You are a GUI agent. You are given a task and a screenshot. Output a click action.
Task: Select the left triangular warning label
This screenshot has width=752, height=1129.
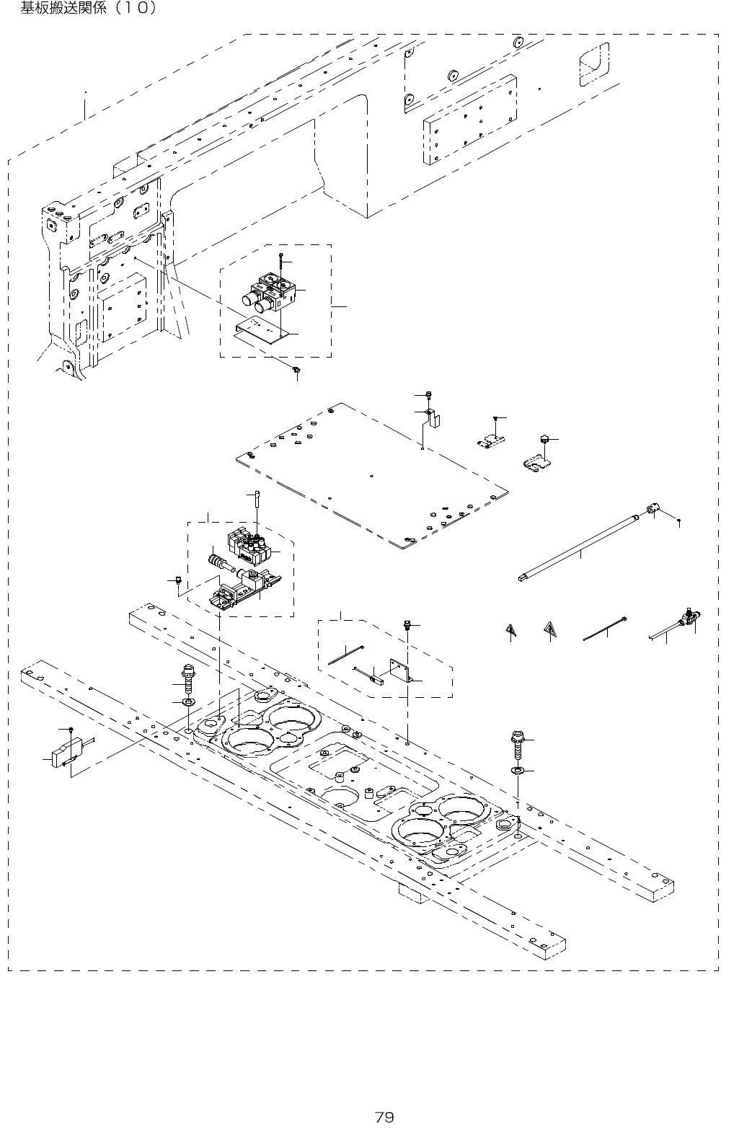(510, 631)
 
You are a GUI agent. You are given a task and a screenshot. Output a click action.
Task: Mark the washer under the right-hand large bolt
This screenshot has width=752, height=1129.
(518, 772)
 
